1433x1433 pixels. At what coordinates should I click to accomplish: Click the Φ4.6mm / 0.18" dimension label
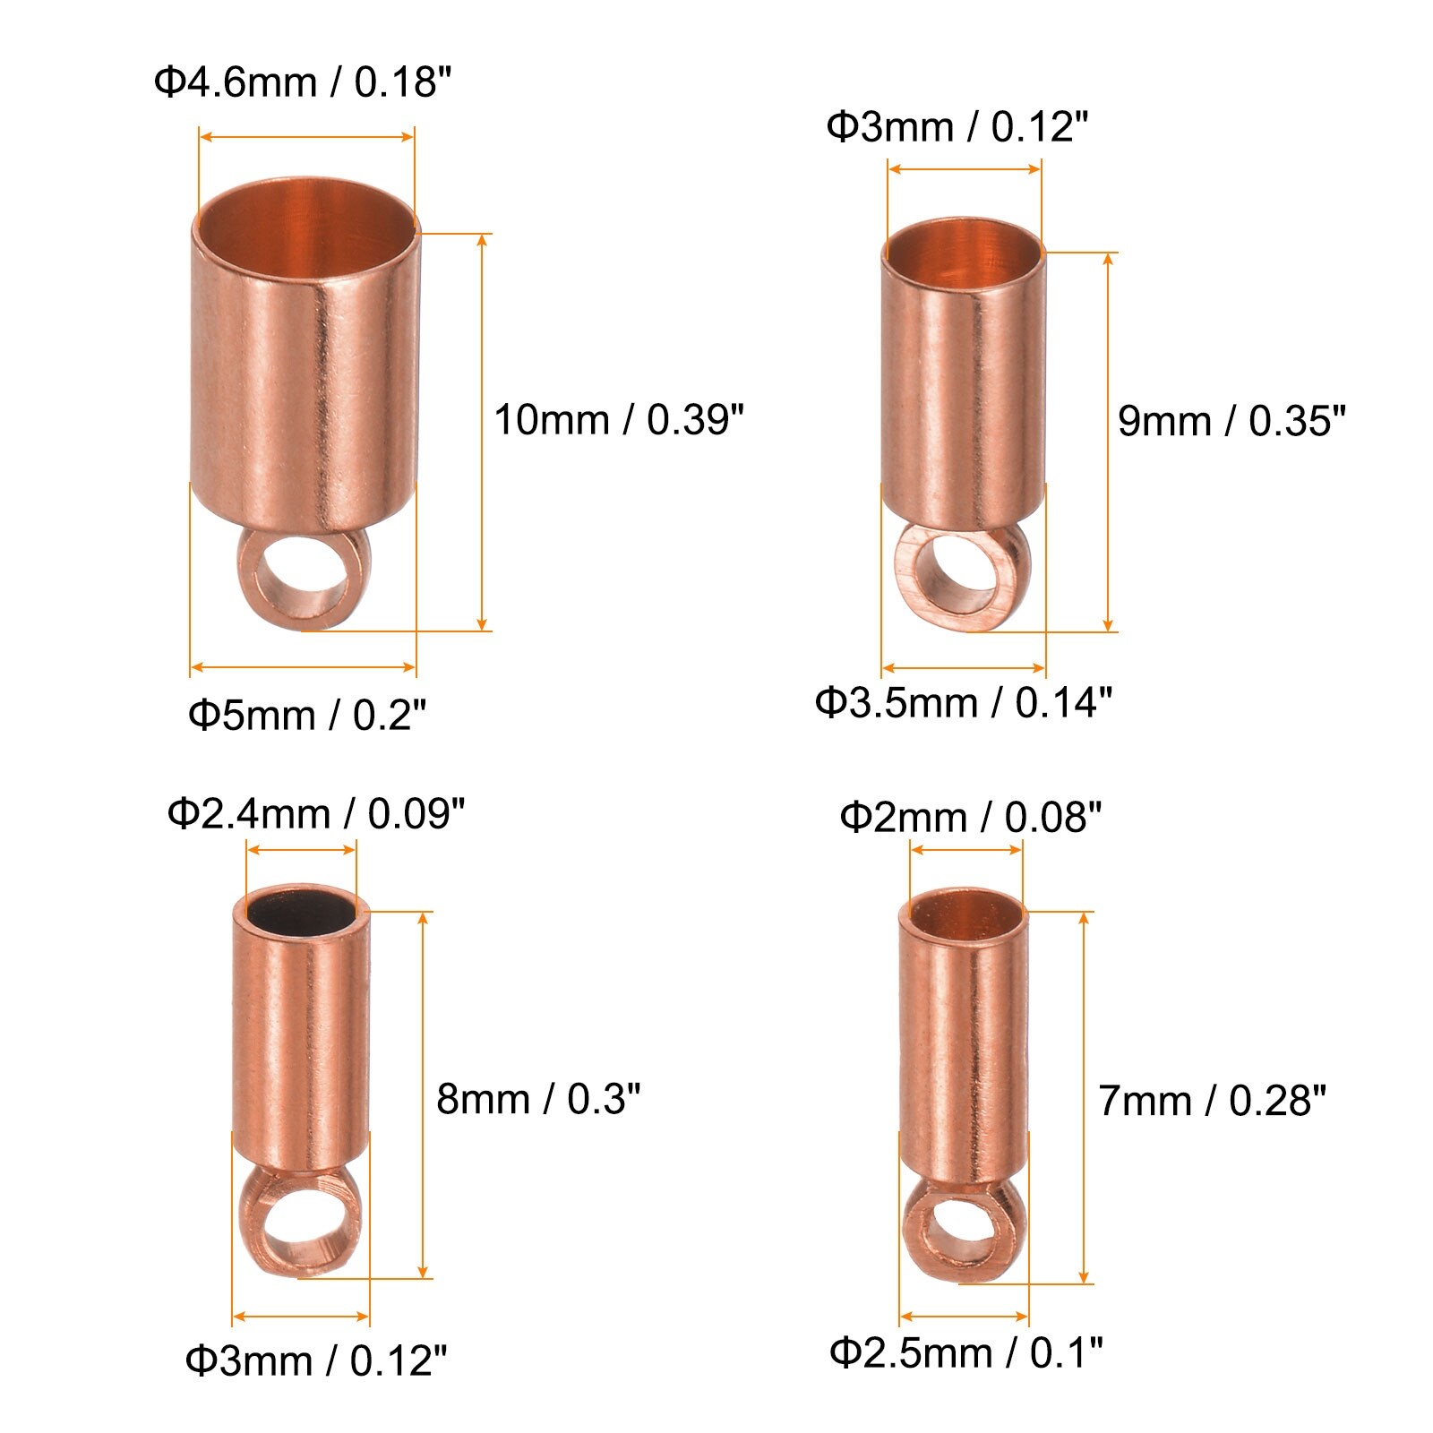(x=302, y=82)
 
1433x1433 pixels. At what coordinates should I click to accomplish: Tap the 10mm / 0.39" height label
(x=619, y=419)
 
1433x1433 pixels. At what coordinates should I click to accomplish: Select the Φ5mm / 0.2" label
(x=306, y=715)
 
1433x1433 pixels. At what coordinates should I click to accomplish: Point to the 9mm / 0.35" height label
(x=1231, y=421)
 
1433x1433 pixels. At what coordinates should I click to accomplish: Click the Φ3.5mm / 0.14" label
(x=963, y=702)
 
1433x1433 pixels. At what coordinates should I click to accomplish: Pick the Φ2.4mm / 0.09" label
(x=315, y=814)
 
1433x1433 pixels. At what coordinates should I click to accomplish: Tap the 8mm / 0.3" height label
(x=538, y=1098)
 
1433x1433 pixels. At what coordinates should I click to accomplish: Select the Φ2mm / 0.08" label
(x=970, y=817)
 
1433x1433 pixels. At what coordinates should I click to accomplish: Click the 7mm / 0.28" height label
(x=1212, y=1101)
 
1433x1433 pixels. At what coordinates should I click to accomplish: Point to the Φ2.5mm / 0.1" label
(x=966, y=1352)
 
